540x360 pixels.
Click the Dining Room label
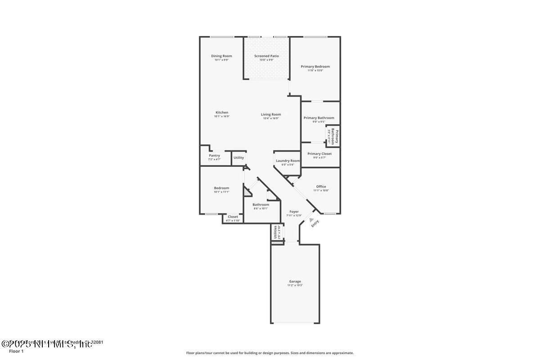tap(221, 56)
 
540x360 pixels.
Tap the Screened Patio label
tap(266, 56)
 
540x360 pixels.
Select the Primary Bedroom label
tap(315, 67)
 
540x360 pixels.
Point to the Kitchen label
tap(221, 112)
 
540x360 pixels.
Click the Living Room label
tap(271, 114)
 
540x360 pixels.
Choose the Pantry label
tap(214, 156)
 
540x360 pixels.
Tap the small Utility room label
tap(238, 157)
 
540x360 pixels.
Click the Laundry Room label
tap(288, 161)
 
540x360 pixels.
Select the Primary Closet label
tap(319, 154)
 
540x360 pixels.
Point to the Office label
tap(321, 186)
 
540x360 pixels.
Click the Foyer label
tap(294, 211)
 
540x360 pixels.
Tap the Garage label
tap(295, 282)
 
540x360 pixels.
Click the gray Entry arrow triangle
tap(311, 219)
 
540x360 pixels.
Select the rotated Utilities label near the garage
tap(275, 231)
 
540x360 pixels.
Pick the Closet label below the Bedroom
tap(233, 217)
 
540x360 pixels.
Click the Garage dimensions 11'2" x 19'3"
tap(295, 285)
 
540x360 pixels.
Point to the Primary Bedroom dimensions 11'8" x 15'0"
tap(315, 71)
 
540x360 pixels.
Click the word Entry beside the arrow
tap(315, 224)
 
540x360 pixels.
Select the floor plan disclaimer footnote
tap(270, 353)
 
